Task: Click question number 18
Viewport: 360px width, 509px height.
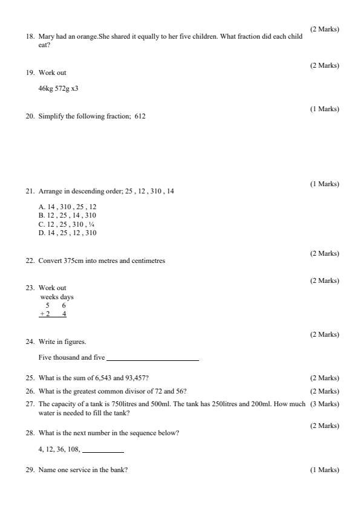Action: point(30,37)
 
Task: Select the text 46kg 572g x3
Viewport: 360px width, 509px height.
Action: point(58,88)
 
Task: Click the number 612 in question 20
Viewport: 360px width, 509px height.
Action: point(140,116)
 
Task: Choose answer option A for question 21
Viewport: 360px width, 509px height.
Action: point(67,207)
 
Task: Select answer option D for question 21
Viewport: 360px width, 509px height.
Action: point(67,233)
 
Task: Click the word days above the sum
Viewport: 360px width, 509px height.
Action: point(67,297)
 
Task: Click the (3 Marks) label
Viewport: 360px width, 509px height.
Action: point(324,404)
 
